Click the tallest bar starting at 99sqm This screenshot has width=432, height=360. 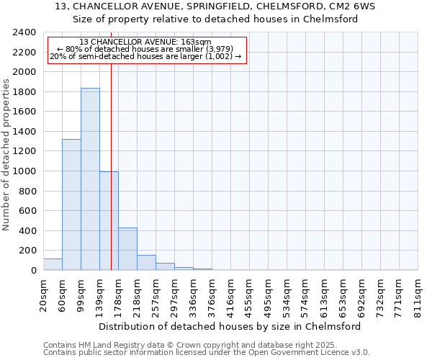[90, 179]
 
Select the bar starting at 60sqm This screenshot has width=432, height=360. [71, 204]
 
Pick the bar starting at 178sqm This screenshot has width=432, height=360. [127, 249]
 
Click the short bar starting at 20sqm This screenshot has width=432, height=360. [53, 264]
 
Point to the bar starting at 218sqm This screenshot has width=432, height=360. [146, 263]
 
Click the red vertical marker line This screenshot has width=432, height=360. [112, 166]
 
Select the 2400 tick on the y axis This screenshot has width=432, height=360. [27, 32]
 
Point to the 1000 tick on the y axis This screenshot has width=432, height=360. [27, 171]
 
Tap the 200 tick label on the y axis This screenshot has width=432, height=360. [30, 251]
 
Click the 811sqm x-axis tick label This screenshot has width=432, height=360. [418, 295]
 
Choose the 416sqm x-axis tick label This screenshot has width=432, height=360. [231, 295]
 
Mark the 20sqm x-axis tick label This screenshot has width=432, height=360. [44, 295]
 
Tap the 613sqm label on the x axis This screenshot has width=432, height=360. [325, 295]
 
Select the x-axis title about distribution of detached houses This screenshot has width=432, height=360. [230, 326]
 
